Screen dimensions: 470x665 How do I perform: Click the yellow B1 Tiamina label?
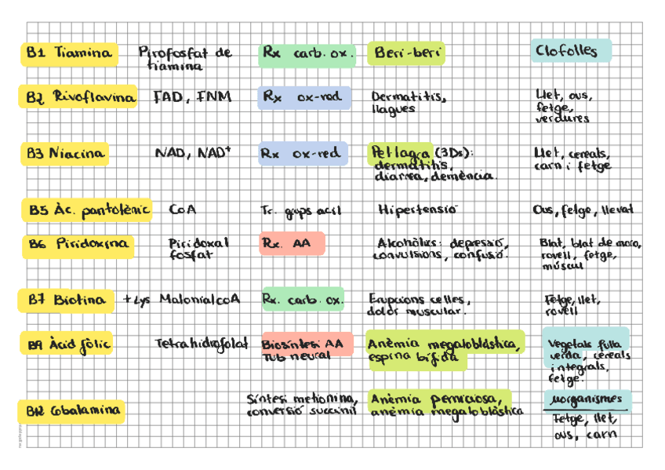69,53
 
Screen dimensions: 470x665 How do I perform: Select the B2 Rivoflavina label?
78,97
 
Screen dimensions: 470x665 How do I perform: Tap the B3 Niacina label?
65,154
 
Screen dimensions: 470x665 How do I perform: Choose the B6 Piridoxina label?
78,245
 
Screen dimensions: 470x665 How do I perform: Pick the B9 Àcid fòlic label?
68,344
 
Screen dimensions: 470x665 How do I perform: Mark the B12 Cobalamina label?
71,410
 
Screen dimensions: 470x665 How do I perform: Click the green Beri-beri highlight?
406,53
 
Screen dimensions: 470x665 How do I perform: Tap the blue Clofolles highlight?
569,52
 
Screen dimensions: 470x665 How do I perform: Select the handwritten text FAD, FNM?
192,97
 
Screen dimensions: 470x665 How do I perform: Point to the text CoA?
182,210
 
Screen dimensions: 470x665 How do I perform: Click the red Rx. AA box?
291,244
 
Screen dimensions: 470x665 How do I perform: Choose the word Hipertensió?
416,210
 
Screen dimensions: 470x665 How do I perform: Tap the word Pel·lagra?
396,152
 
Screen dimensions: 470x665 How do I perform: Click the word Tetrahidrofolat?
201,344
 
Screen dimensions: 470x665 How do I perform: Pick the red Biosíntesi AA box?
307,349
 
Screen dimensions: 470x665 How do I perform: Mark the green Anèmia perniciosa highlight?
439,399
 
